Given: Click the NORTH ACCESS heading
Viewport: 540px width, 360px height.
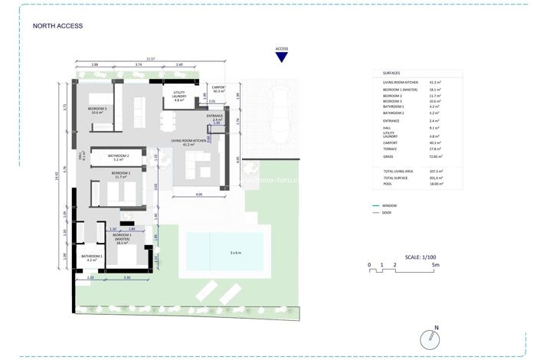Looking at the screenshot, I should (x=57, y=25).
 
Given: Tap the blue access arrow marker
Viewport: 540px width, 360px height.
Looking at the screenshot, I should (x=281, y=57).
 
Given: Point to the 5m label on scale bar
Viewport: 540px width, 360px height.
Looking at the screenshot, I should (x=435, y=264).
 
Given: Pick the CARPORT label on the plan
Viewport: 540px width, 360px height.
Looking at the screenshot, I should (x=218, y=89).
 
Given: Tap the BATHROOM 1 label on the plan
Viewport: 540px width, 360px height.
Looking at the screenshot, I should (x=92, y=257).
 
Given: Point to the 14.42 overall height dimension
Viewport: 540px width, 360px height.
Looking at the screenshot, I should (x=57, y=175).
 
